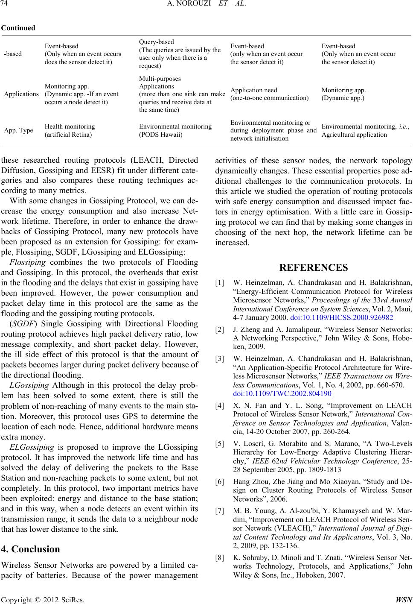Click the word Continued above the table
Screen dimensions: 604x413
click(x=18, y=28)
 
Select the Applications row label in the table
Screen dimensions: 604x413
click(x=21, y=94)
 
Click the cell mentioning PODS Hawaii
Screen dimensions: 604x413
click(x=175, y=130)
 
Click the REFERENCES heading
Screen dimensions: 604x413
click(x=314, y=268)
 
